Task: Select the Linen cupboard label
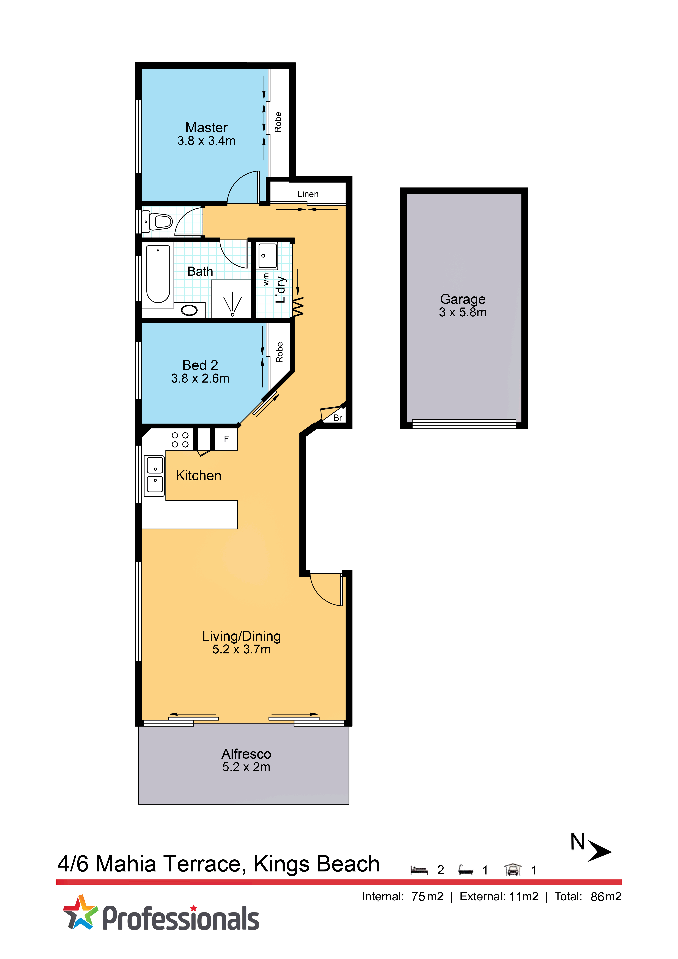coord(308,194)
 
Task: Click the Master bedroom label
coord(206,127)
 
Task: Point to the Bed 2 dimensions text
coord(200,378)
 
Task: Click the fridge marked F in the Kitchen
coord(226,439)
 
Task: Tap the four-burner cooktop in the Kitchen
coord(180,440)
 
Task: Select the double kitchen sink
coord(155,475)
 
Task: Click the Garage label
coord(463,299)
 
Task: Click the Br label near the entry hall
coord(337,418)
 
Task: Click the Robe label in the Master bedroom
coord(278,122)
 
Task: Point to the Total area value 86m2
coord(606,897)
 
